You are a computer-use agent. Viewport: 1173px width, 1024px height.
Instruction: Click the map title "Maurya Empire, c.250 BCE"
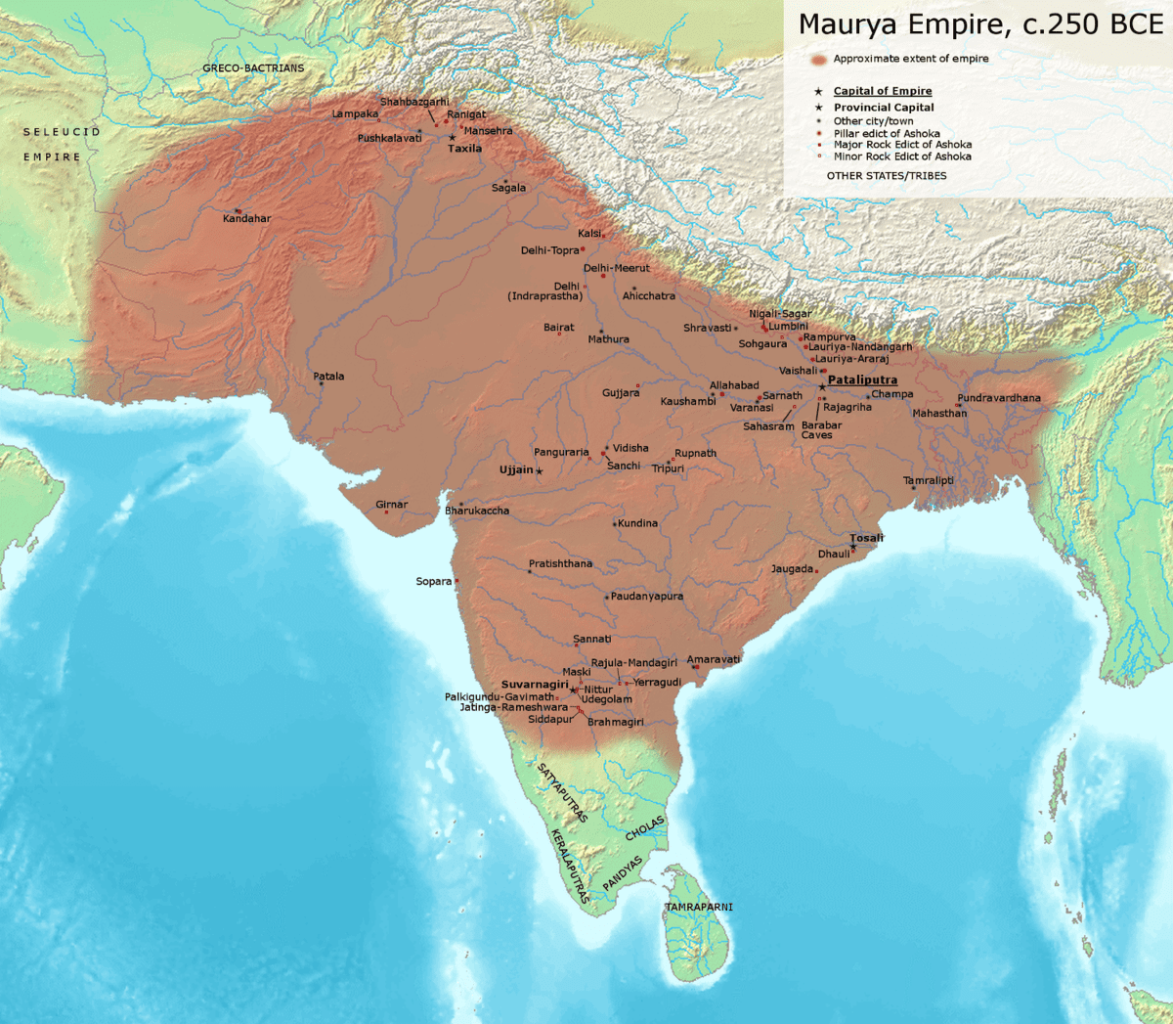(x=980, y=24)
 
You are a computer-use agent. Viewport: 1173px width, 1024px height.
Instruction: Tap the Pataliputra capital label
(x=862, y=380)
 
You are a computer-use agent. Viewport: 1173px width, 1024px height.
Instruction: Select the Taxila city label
(x=464, y=149)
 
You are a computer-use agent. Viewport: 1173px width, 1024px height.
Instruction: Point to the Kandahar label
(x=246, y=218)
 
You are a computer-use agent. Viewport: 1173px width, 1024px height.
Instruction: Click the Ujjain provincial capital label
(x=516, y=470)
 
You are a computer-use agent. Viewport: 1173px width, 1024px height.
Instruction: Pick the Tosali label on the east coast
(x=866, y=538)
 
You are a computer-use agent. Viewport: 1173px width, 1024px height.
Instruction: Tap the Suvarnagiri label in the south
(x=534, y=685)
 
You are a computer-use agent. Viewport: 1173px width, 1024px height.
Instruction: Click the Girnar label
(x=391, y=505)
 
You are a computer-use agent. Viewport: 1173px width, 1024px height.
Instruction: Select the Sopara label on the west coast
(x=434, y=582)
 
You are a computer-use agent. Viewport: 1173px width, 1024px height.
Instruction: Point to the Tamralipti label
(x=928, y=481)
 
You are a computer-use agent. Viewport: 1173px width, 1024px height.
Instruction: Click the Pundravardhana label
(x=998, y=398)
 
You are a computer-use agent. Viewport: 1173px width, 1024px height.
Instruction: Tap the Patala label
(x=328, y=377)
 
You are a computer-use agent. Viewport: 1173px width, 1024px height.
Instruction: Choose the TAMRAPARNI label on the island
(x=699, y=908)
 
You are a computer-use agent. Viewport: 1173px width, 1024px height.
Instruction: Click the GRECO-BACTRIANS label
(x=253, y=68)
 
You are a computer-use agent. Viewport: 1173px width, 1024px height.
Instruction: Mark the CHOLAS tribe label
(x=644, y=827)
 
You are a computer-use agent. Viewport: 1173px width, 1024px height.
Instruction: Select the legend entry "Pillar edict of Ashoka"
(x=887, y=134)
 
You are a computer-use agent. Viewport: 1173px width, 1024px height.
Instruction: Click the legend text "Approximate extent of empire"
(x=910, y=59)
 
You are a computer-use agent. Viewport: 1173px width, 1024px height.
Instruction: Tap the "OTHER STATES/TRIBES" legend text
(x=887, y=176)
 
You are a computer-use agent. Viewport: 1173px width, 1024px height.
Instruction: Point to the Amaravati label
(x=713, y=659)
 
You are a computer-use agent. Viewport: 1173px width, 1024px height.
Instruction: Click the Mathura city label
(x=608, y=339)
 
